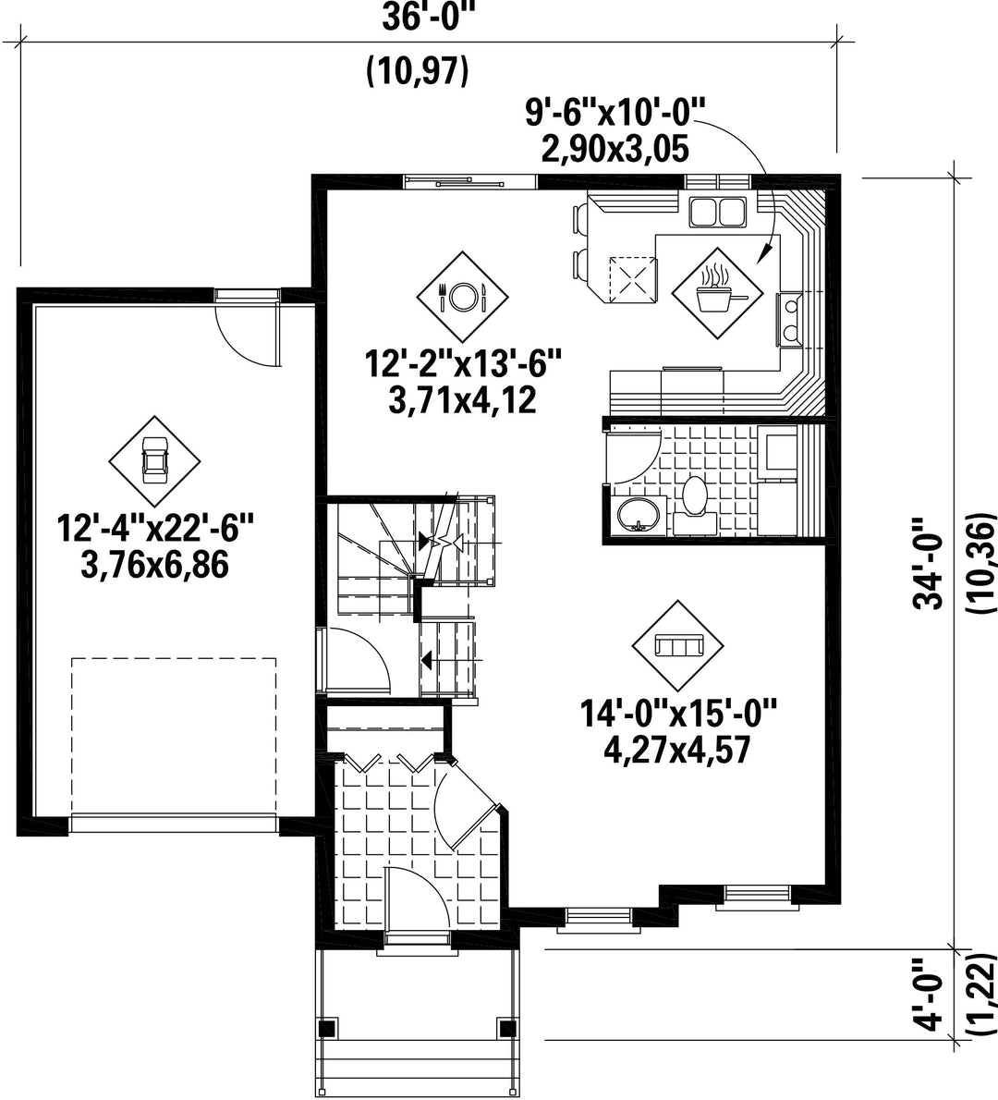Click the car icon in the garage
(x=154, y=460)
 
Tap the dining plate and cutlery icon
(x=462, y=297)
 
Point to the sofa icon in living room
(x=677, y=645)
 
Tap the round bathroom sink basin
(x=641, y=514)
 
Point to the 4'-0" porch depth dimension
(x=930, y=994)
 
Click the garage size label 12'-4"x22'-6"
(x=154, y=529)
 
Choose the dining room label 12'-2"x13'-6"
(x=463, y=364)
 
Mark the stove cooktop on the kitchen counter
(x=789, y=320)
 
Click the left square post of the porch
(x=326, y=1029)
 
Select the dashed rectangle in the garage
(x=173, y=736)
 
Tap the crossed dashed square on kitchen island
(x=633, y=279)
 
